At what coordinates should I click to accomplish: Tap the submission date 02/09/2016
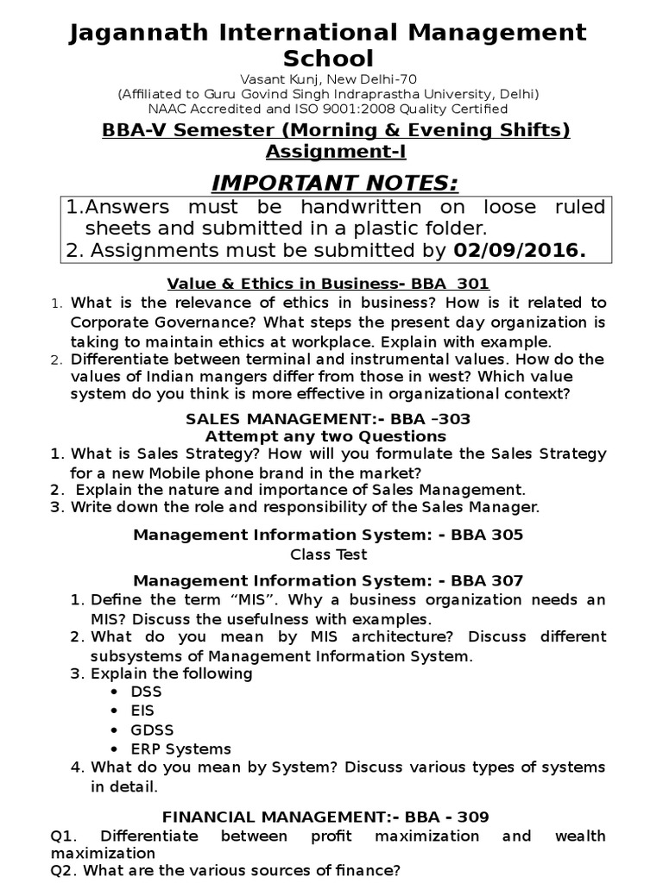pos(519,251)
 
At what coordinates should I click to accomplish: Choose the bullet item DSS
pos(146,692)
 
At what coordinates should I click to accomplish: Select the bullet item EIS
pos(143,711)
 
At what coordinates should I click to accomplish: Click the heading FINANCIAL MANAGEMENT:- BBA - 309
pos(327,816)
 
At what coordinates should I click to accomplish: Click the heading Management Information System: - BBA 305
pos(327,535)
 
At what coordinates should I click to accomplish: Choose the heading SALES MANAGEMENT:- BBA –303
pos(327,418)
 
